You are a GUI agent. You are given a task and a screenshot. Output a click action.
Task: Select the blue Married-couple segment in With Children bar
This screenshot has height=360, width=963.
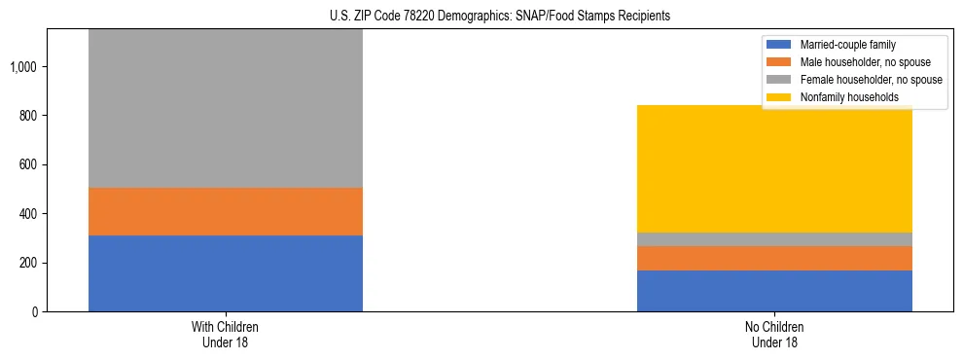[225, 273]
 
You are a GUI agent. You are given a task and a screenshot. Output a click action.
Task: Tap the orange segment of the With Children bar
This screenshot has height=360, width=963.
[225, 211]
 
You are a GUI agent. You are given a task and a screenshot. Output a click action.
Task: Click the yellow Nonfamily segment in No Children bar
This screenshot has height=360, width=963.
[774, 168]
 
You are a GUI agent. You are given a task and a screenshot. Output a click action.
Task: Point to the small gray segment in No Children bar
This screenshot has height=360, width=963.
[774, 239]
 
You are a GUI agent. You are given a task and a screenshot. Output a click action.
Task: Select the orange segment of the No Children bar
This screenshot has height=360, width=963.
[774, 258]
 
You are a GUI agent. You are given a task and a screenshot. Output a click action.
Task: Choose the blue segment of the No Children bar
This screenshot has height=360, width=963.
[774, 291]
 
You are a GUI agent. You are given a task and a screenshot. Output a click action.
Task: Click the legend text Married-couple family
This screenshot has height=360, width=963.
[847, 45]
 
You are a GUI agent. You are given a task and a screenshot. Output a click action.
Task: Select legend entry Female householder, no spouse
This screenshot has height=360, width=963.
[871, 80]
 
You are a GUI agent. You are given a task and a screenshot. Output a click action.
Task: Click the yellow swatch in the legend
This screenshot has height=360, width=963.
[780, 97]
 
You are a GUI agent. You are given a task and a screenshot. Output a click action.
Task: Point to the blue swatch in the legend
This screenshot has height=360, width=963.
[780, 45]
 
